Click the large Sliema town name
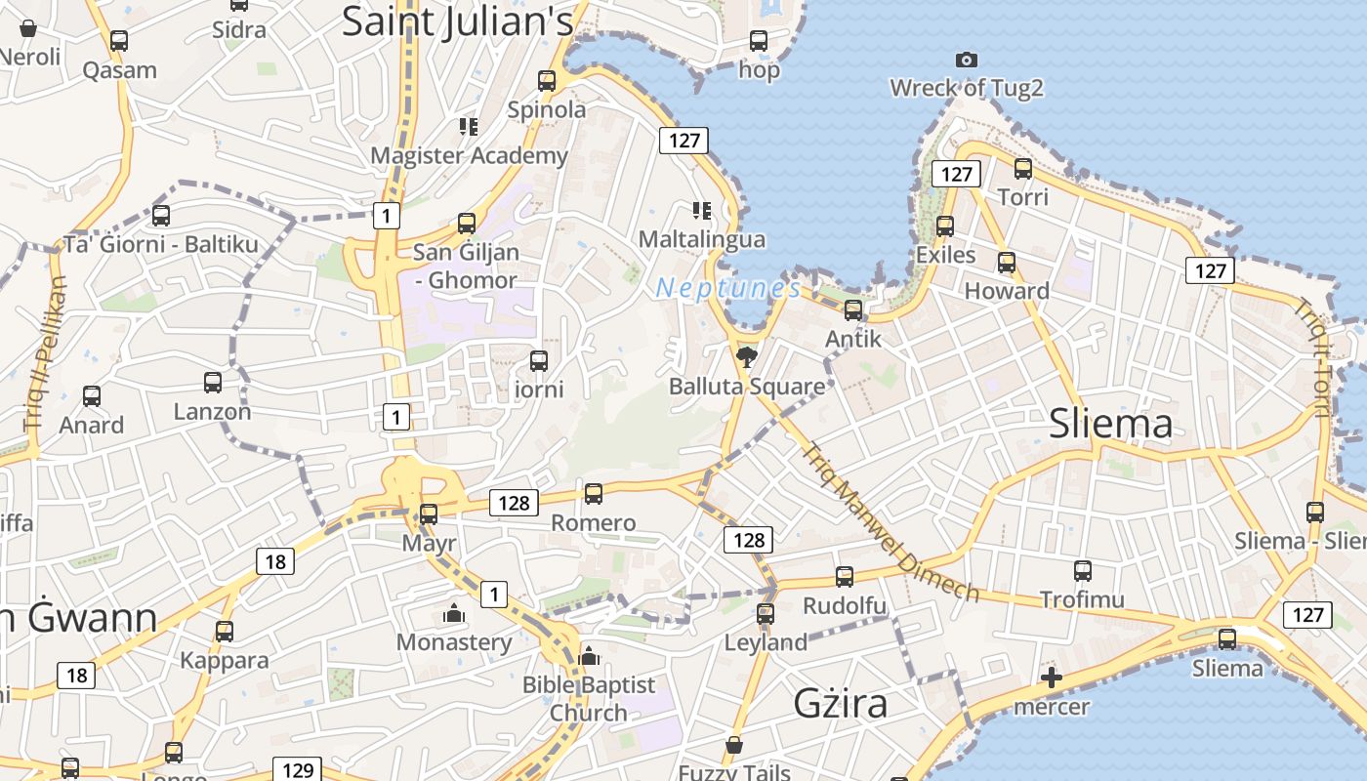pos(1110,424)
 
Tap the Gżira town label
pos(840,703)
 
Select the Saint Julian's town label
pos(457,21)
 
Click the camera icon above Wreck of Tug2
pos(966,61)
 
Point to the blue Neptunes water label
pos(728,288)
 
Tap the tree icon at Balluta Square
pos(747,357)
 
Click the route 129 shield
pos(297,769)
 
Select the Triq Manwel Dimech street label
pos(889,522)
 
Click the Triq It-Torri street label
pos(1311,357)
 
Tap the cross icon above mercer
pos(1051,678)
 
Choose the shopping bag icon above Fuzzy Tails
pos(734,746)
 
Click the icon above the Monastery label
pos(453,614)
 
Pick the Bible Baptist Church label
pos(589,699)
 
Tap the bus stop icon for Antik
pos(853,310)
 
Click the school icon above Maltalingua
pos(701,210)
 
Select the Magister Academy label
pos(469,155)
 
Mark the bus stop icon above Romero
pos(593,494)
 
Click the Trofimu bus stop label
pos(1082,599)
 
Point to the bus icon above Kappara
pos(225,632)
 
